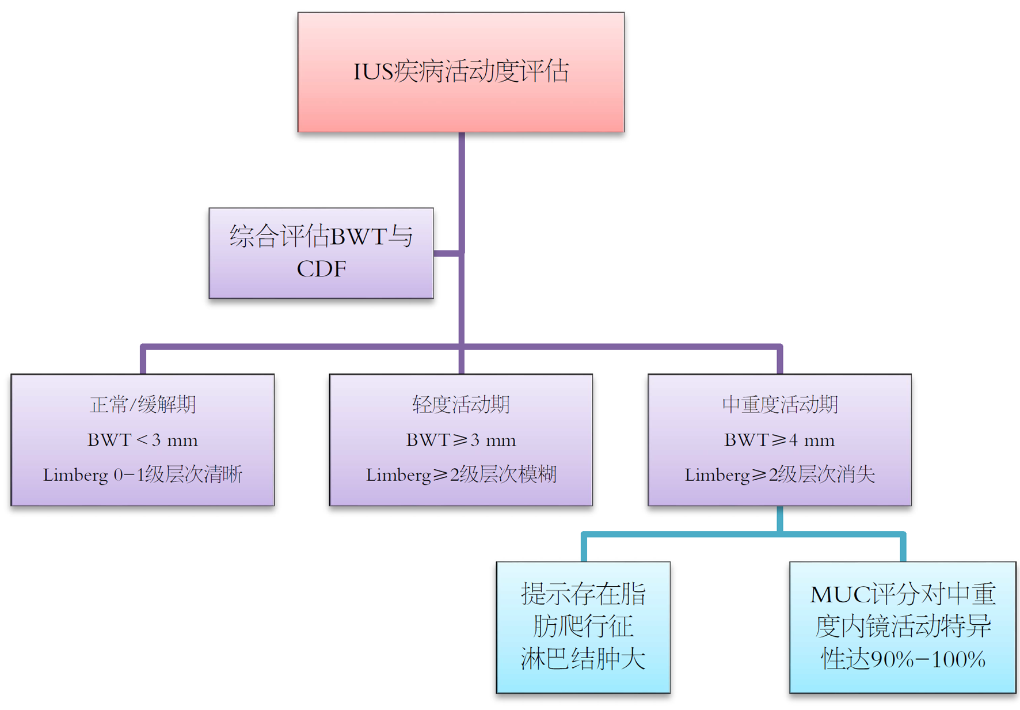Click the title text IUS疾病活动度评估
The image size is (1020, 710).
460,72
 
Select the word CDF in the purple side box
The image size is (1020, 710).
321,269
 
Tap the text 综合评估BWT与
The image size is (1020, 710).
321,236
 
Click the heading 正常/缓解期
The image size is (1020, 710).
143,405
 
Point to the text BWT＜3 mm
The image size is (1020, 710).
143,441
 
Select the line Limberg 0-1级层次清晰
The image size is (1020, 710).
143,475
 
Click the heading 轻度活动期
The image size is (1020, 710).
460,405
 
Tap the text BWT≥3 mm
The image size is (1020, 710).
460,441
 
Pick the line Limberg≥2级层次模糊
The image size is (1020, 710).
460,475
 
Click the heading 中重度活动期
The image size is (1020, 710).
779,405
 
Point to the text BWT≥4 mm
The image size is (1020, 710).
779,441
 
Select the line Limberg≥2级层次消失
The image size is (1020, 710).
779,475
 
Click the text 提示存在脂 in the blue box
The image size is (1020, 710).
583,594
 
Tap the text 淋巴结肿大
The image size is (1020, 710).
583,659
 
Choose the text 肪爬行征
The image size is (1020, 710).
583,627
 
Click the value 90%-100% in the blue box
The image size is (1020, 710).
928,659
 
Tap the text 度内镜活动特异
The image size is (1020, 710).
903,627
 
